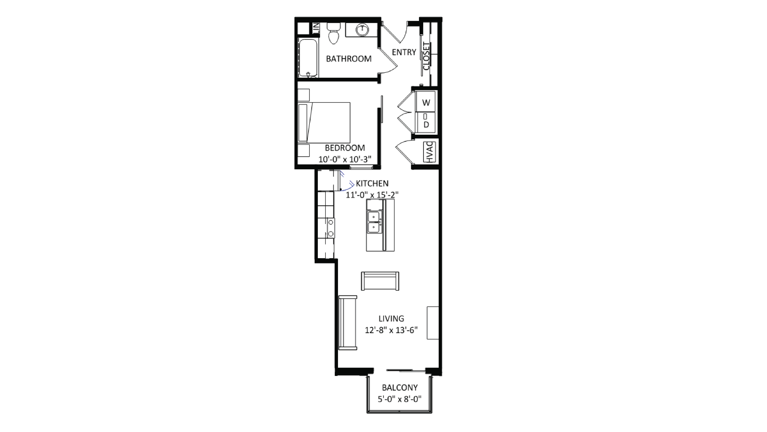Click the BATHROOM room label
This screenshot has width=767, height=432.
(349, 59)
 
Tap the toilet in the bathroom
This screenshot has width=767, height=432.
(333, 34)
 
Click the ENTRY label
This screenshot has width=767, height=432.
(404, 52)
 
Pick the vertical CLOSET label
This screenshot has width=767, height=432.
(426, 56)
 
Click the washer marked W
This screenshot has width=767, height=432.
(426, 102)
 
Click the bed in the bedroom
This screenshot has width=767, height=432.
(325, 122)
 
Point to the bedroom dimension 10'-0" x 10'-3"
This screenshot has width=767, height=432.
(345, 159)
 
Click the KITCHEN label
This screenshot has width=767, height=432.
(372, 183)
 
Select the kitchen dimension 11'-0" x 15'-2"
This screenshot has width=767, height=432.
(372, 195)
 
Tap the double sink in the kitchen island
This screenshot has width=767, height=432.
(374, 222)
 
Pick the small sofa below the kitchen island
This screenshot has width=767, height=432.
(380, 281)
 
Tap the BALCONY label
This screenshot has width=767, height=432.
(400, 388)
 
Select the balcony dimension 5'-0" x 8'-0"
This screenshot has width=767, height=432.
(400, 399)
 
